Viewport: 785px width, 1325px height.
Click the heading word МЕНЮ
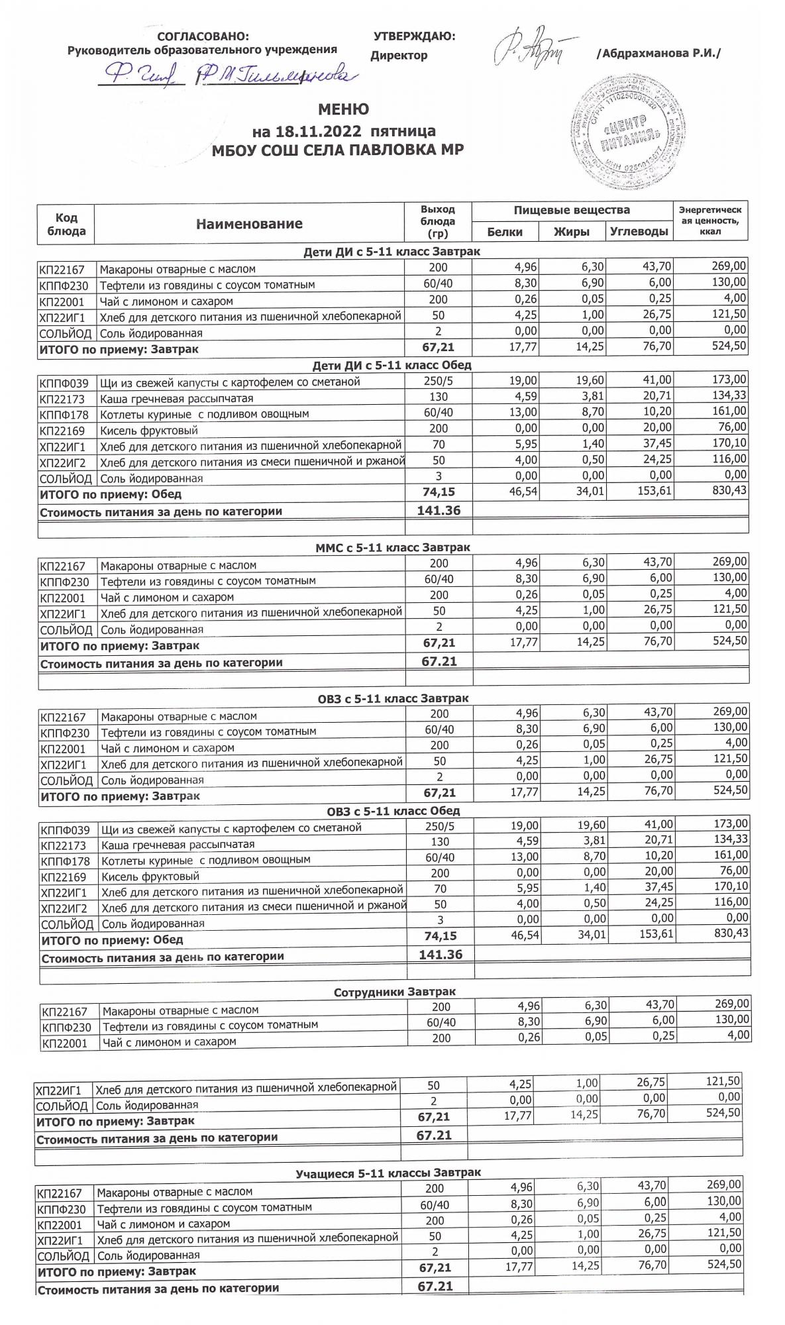click(344, 109)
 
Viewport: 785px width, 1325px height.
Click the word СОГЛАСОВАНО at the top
click(203, 36)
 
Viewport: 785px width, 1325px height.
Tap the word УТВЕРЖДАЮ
click(414, 36)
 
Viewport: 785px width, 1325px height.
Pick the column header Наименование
click(249, 224)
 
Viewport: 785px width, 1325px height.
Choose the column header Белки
click(504, 232)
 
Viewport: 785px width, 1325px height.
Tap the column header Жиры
click(571, 232)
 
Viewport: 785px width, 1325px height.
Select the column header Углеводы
click(639, 232)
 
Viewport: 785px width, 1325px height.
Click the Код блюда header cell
click(66, 224)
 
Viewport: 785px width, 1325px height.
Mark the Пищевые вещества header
click(572, 210)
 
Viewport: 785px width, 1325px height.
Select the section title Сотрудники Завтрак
click(395, 992)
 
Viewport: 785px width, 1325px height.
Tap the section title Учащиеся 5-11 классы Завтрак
click(388, 1173)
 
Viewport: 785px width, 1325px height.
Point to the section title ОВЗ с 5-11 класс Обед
click(393, 811)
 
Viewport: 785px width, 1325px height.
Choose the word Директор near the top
click(399, 56)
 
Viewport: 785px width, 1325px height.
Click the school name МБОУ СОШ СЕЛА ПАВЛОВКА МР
click(337, 150)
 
